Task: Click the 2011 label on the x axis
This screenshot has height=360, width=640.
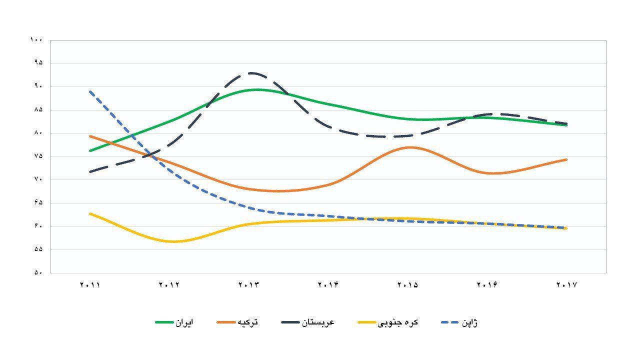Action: pyautogui.click(x=90, y=285)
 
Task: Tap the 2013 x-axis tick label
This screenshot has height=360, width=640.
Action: pyautogui.click(x=249, y=285)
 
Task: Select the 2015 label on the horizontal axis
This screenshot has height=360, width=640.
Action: pyautogui.click(x=407, y=285)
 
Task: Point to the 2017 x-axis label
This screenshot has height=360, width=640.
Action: pyautogui.click(x=566, y=285)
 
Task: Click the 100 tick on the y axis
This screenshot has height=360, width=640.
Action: pyautogui.click(x=36, y=40)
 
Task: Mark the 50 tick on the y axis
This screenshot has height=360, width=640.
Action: pyautogui.click(x=39, y=273)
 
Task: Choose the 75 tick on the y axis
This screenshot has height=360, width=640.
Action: pyautogui.click(x=39, y=156)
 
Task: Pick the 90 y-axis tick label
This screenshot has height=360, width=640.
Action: pyautogui.click(x=39, y=86)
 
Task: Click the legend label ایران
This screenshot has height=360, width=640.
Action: pyautogui.click(x=183, y=322)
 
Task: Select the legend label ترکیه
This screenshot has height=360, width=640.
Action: pyautogui.click(x=248, y=322)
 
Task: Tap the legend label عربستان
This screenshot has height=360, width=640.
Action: pyautogui.click(x=318, y=322)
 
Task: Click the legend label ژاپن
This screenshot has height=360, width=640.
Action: pyautogui.click(x=468, y=322)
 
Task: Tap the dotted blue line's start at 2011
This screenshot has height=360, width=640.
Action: pyautogui.click(x=90, y=91)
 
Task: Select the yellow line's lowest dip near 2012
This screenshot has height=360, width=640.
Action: pyautogui.click(x=174, y=241)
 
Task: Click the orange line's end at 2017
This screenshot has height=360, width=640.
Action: pyautogui.click(x=566, y=159)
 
